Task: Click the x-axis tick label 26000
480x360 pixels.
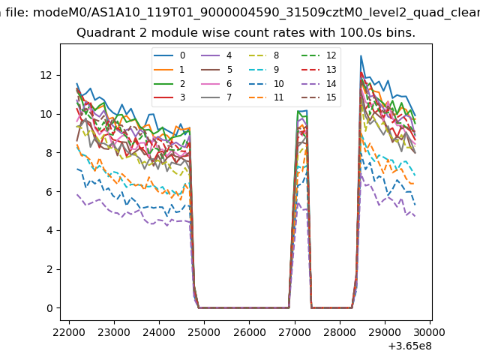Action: point(249,330)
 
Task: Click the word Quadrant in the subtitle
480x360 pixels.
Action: point(102,33)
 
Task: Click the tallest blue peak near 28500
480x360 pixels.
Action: point(361,56)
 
